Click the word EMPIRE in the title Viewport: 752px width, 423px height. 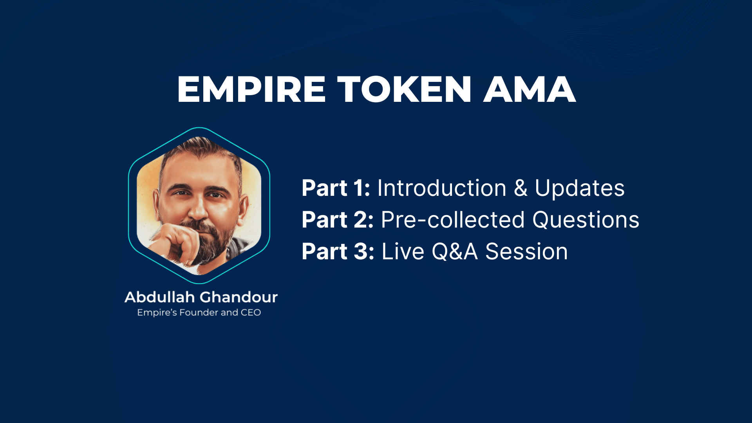tap(251, 90)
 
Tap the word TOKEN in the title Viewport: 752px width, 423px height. tap(404, 90)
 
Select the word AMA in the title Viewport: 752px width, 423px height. tap(530, 90)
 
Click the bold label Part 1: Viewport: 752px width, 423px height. tap(336, 188)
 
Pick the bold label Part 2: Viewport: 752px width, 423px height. tap(337, 220)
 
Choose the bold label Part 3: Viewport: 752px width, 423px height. tap(338, 251)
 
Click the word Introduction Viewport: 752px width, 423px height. tap(442, 188)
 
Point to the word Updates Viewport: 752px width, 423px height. tap(579, 189)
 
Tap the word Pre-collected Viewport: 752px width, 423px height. tap(452, 220)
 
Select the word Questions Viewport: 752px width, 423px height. tap(586, 220)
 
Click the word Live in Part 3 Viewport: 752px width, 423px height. tap(403, 251)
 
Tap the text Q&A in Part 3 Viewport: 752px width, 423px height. tap(454, 251)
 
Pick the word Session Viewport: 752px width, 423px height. tap(526, 251)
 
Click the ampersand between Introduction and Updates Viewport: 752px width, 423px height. tap(521, 188)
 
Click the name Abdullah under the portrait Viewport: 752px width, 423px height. tap(159, 297)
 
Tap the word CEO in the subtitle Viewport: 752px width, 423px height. tap(251, 313)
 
